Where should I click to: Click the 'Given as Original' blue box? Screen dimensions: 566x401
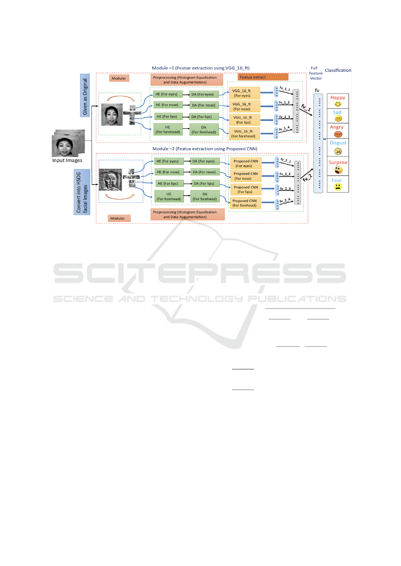tap(85, 95)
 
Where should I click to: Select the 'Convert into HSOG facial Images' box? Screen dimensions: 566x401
tap(82, 192)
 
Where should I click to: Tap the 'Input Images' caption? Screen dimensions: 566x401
tap(67, 160)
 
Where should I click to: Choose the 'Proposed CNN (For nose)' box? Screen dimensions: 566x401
tap(245, 176)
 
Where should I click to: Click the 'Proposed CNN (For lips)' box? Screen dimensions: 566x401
tap(245, 190)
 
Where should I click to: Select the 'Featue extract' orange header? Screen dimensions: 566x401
tap(263, 77)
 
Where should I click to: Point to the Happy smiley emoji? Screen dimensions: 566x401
tap(338, 104)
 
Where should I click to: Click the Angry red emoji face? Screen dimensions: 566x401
tap(338, 134)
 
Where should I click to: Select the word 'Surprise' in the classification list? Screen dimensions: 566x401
tap(338, 162)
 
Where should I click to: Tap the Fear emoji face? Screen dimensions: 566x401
tap(338, 187)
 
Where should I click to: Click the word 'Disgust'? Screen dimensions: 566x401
tap(338, 143)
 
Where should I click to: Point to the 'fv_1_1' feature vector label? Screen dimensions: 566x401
tap(285, 89)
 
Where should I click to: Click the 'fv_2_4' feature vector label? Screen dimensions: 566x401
tap(285, 200)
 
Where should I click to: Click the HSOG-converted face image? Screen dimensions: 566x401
tap(110, 179)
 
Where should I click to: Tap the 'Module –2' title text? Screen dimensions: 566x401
tap(205, 149)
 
